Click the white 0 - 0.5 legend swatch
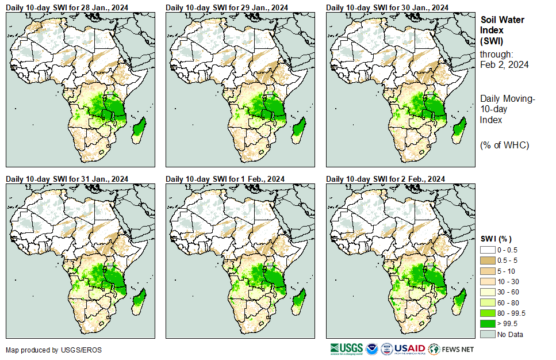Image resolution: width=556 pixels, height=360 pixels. [x=488, y=250]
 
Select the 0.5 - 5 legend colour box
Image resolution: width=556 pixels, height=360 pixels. [x=488, y=261]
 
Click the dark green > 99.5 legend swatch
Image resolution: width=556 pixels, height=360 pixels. [x=488, y=324]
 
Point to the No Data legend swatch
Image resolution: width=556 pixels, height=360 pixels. [x=488, y=334]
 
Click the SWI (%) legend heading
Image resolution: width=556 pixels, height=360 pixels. [x=496, y=239]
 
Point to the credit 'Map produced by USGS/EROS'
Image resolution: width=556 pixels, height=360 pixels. [x=46, y=350]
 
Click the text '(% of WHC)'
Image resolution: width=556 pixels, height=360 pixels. [x=504, y=145]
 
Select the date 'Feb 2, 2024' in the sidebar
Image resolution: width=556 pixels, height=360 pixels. [x=504, y=64]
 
